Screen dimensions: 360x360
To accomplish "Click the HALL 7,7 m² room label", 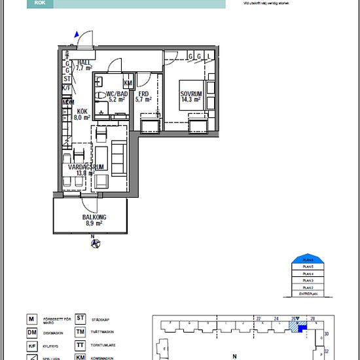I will pyautogui.click(x=83, y=64).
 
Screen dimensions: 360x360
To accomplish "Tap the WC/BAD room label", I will pyautogui.click(x=108, y=97).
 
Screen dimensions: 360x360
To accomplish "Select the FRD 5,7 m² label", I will pyautogui.click(x=143, y=97).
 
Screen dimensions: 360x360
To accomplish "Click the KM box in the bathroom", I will pyautogui.click(x=128, y=83).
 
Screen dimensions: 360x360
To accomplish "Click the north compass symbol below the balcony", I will pyautogui.click(x=94, y=245).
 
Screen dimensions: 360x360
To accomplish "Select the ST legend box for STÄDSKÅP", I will pyautogui.click(x=81, y=319).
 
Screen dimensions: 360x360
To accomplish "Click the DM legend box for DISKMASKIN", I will pyautogui.click(x=30, y=333).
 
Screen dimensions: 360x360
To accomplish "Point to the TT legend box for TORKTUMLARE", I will pyautogui.click(x=81, y=345).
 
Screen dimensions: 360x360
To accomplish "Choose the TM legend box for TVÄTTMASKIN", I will pyautogui.click(x=81, y=332).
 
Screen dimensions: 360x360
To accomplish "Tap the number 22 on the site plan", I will pyautogui.click(x=259, y=319).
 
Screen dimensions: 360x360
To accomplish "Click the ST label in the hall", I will pyautogui.click(x=66, y=78).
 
